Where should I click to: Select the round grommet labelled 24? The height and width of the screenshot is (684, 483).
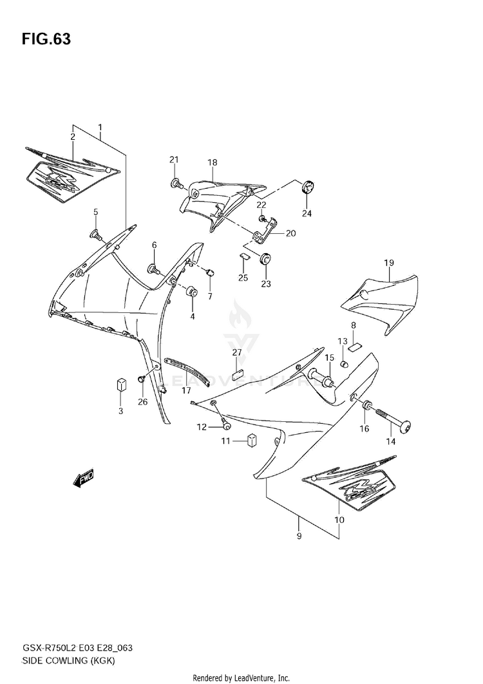point(308,187)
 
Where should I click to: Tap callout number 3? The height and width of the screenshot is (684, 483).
point(120,412)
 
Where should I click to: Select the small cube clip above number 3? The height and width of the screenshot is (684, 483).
point(120,385)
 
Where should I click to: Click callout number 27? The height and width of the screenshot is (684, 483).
point(237,352)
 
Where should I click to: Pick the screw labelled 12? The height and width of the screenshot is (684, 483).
point(225,424)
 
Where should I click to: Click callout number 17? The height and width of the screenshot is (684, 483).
point(186,390)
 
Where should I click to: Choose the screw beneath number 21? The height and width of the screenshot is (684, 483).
point(175,184)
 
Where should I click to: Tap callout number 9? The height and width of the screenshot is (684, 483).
point(298,536)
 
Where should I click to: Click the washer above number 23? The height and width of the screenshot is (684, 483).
point(265,260)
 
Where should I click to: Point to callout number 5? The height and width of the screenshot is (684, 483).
point(95,212)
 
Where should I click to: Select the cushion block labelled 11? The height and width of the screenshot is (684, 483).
point(252,441)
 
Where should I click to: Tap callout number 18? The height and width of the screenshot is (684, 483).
point(212,162)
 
